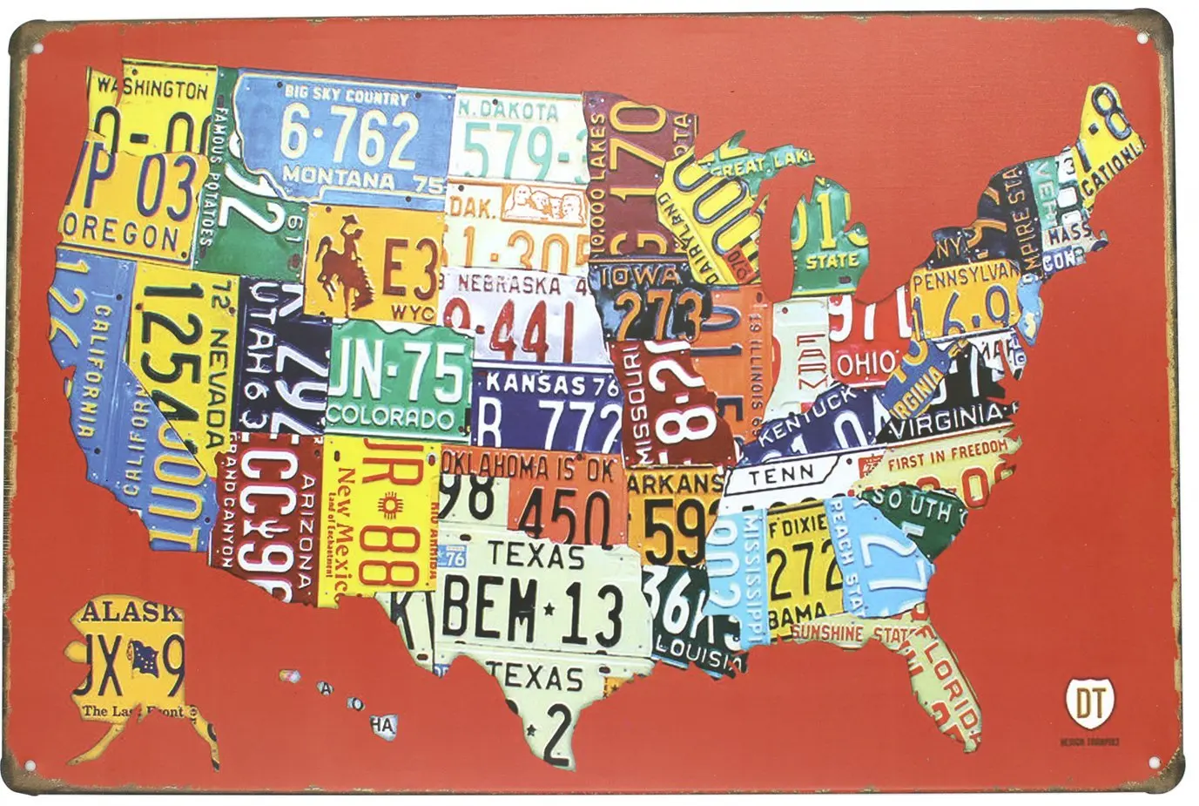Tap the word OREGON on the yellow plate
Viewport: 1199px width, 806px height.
123,236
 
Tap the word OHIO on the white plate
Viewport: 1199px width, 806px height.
865,362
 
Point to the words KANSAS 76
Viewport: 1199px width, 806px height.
544,383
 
